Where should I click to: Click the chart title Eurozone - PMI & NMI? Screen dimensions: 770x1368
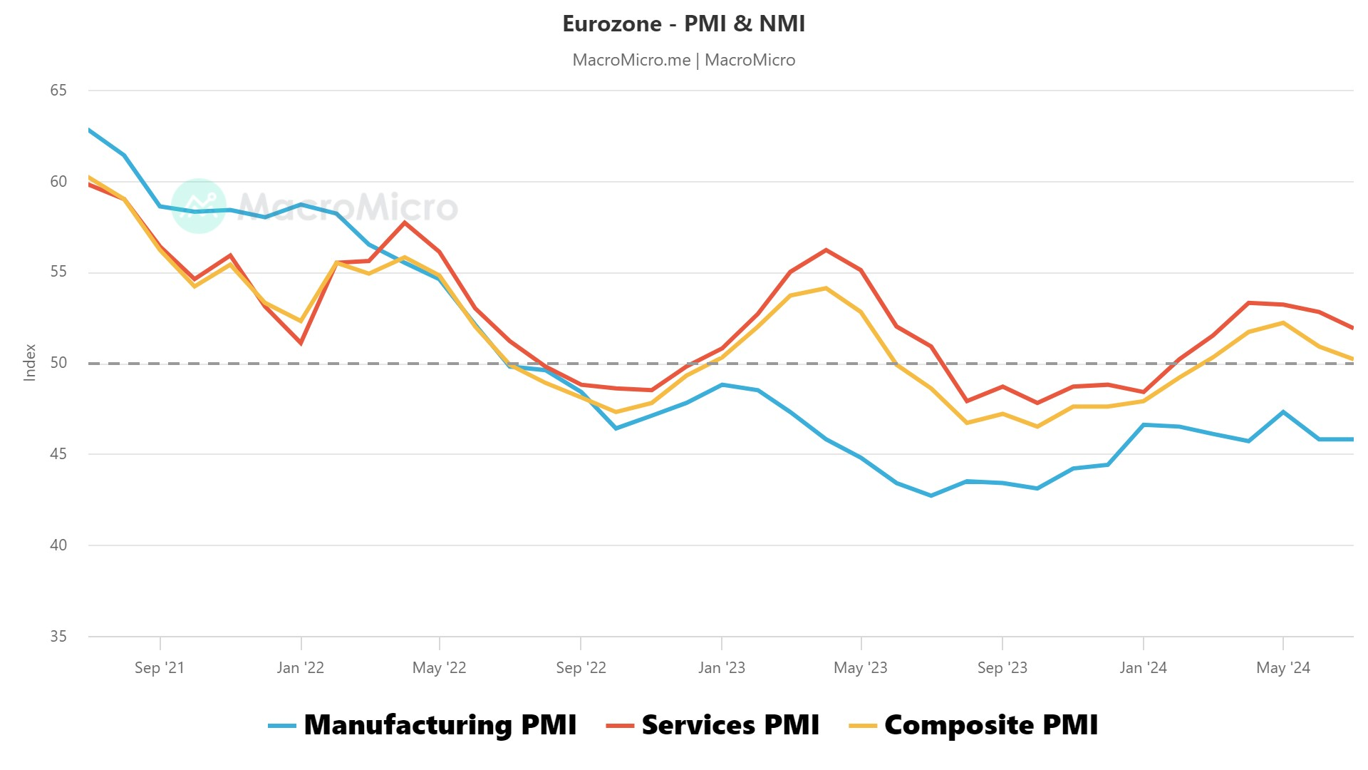pos(683,24)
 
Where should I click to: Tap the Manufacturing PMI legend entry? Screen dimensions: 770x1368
pos(440,725)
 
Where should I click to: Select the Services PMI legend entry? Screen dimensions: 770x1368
pos(730,725)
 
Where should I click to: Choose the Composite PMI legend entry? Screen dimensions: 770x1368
pos(990,725)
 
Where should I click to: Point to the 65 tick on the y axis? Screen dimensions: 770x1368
pos(58,91)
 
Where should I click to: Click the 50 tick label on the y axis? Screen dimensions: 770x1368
pos(58,363)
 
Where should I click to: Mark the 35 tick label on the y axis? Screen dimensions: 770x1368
pos(58,636)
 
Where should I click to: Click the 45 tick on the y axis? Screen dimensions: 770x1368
pos(58,454)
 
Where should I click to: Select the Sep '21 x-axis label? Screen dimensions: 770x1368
pos(160,668)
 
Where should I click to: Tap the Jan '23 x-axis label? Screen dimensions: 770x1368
pos(721,668)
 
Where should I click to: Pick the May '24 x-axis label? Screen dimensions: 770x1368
pos(1282,668)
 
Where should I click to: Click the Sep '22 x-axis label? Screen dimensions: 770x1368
pos(581,668)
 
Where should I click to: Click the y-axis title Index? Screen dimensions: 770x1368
pos(30,362)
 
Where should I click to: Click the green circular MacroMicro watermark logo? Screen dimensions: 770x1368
pos(199,206)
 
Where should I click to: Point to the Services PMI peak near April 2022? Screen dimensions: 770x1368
pos(405,222)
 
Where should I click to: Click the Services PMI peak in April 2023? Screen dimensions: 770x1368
pos(826,250)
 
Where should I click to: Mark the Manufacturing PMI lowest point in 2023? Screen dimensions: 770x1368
pos(931,495)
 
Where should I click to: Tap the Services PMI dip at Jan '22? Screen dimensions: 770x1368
pos(301,343)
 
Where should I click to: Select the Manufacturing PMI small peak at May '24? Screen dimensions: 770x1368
pos(1283,412)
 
